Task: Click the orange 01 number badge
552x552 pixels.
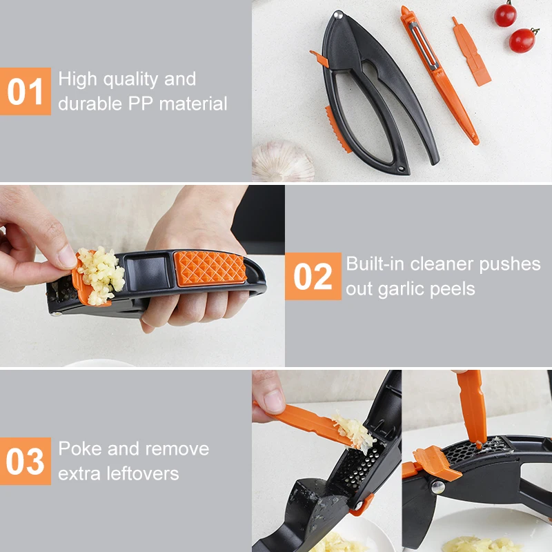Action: tap(26, 91)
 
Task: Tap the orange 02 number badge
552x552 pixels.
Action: tap(313, 276)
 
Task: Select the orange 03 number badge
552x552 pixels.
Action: tap(26, 461)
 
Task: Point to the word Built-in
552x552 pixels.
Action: tap(375, 264)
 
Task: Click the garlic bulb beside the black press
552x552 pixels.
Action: tap(282, 161)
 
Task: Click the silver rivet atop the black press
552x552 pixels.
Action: tap(338, 14)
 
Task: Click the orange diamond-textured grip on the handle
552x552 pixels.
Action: tap(210, 267)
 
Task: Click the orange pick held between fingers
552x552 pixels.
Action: tap(304, 420)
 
